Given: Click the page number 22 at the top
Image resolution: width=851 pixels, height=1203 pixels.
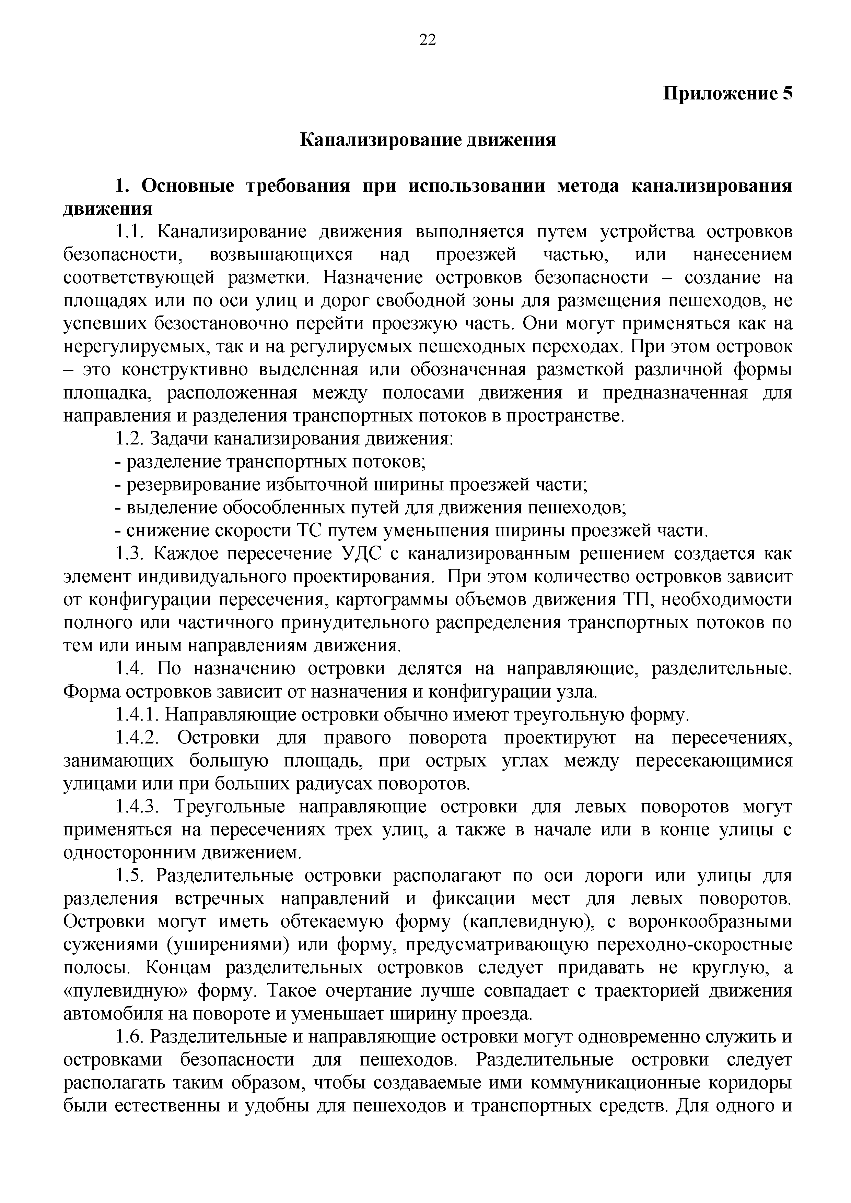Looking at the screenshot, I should tap(427, 40).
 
